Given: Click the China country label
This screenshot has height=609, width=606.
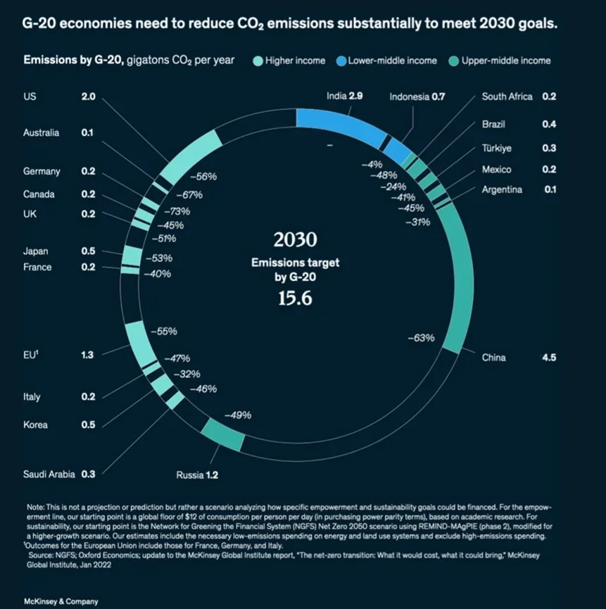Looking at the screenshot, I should click(x=493, y=358).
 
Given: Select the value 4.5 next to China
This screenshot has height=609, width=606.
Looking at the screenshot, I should click(x=549, y=358).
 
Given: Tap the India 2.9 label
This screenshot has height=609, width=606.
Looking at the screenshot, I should click(x=344, y=96).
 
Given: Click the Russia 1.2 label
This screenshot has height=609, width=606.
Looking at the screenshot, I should click(x=197, y=475).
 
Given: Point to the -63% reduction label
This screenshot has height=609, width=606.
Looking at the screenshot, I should click(x=421, y=338).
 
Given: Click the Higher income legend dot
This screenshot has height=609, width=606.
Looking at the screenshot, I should click(x=258, y=61).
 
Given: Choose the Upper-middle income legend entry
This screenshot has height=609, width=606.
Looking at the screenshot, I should click(x=505, y=61).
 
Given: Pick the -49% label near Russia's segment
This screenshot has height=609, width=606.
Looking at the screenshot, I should click(x=238, y=415).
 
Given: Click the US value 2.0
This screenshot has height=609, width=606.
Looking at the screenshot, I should click(x=88, y=96).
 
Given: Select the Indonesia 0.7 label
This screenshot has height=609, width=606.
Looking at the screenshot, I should click(x=417, y=96).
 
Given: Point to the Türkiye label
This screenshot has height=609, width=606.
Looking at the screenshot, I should click(x=496, y=149).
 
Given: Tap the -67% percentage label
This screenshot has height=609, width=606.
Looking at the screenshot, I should click(x=189, y=194).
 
